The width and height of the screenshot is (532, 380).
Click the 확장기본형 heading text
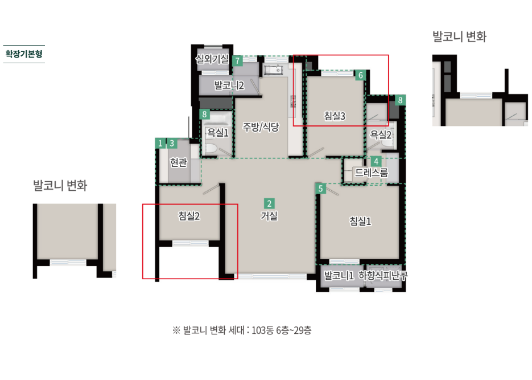coord(24,54)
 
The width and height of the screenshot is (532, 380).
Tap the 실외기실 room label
coord(212,59)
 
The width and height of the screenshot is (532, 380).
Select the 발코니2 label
coord(229,85)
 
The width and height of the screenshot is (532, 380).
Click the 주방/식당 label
coord(261,127)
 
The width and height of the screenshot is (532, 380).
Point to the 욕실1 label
coord(218,132)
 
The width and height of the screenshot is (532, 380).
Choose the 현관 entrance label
coord(179,162)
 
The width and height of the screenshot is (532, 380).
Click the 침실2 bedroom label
coord(189,216)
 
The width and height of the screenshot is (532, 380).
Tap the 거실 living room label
coord(269,216)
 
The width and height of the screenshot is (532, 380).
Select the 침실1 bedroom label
coord(360,222)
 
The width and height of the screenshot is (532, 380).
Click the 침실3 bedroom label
coord(335,116)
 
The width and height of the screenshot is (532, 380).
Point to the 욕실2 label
coord(381,135)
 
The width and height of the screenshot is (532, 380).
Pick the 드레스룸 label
coord(372,173)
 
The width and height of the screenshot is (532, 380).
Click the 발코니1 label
coord(339,275)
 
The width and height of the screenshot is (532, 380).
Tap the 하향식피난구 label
coord(383,275)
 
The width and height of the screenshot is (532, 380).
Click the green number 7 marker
coord(237,61)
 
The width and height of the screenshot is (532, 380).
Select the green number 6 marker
coord(361,75)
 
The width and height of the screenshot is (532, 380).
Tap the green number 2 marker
coord(269,203)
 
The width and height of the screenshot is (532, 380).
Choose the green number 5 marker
coord(321,189)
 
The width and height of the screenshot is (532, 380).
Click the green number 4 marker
coord(376,161)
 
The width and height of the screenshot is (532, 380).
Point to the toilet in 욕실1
coord(211,148)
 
